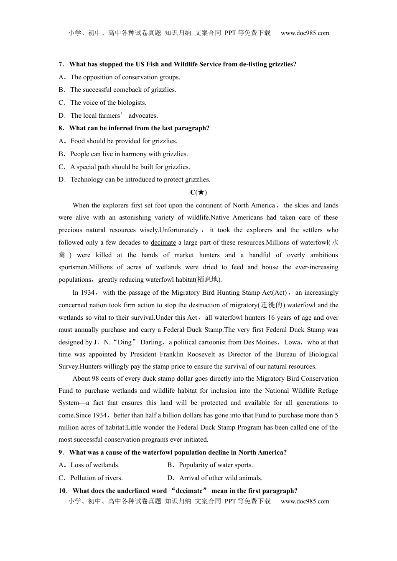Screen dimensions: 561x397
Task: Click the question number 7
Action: tap(61, 64)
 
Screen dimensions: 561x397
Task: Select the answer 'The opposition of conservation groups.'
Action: tap(125, 77)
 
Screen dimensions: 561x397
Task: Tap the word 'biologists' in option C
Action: tap(132, 103)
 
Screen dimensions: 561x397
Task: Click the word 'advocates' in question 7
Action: tap(143, 116)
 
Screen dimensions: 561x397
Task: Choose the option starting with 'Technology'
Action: tap(140, 179)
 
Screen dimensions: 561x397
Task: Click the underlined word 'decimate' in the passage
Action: tap(163, 243)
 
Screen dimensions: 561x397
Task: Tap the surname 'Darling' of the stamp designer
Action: tap(151, 342)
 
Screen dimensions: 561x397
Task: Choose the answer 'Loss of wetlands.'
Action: tap(95, 465)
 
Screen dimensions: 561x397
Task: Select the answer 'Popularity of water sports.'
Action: tap(216, 465)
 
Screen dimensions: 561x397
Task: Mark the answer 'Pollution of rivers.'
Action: tap(96, 478)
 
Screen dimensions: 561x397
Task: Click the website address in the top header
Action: tap(305, 33)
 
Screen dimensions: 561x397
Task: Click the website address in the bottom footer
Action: tap(305, 501)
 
